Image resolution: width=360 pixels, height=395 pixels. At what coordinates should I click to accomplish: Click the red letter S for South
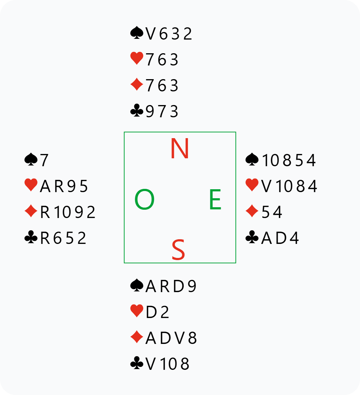click(178, 250)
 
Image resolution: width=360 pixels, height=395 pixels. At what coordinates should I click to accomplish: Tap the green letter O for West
click(144, 200)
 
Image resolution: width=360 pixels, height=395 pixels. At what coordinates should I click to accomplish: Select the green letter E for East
click(215, 200)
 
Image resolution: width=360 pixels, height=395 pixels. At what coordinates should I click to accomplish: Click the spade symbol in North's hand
click(136, 33)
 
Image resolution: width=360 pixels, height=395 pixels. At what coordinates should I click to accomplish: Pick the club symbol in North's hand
click(136, 112)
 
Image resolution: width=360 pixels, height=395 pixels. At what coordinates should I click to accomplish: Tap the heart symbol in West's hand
click(31, 186)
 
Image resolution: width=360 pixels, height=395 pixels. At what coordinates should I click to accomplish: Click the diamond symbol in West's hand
click(31, 212)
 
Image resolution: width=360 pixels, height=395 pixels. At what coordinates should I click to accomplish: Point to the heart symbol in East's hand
click(252, 186)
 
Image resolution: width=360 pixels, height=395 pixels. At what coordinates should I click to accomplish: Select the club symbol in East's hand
click(252, 238)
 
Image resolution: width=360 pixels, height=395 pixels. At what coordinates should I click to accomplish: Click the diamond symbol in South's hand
click(136, 338)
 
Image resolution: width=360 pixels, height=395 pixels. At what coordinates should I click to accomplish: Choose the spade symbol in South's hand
click(136, 286)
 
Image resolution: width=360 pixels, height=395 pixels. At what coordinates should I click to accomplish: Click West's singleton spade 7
click(44, 160)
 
